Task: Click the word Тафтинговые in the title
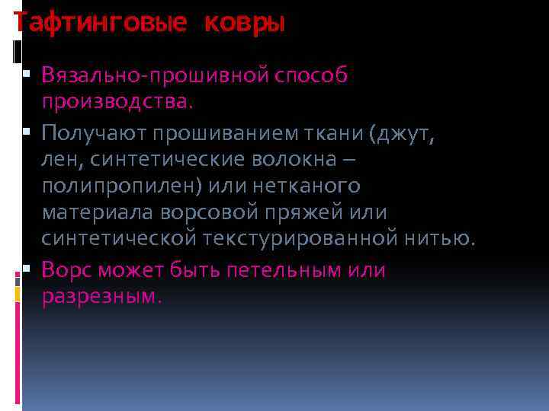[x=100, y=24]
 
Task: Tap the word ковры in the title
[x=244, y=24]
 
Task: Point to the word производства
[x=118, y=102]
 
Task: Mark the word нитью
[x=439, y=239]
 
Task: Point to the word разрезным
[x=103, y=296]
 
